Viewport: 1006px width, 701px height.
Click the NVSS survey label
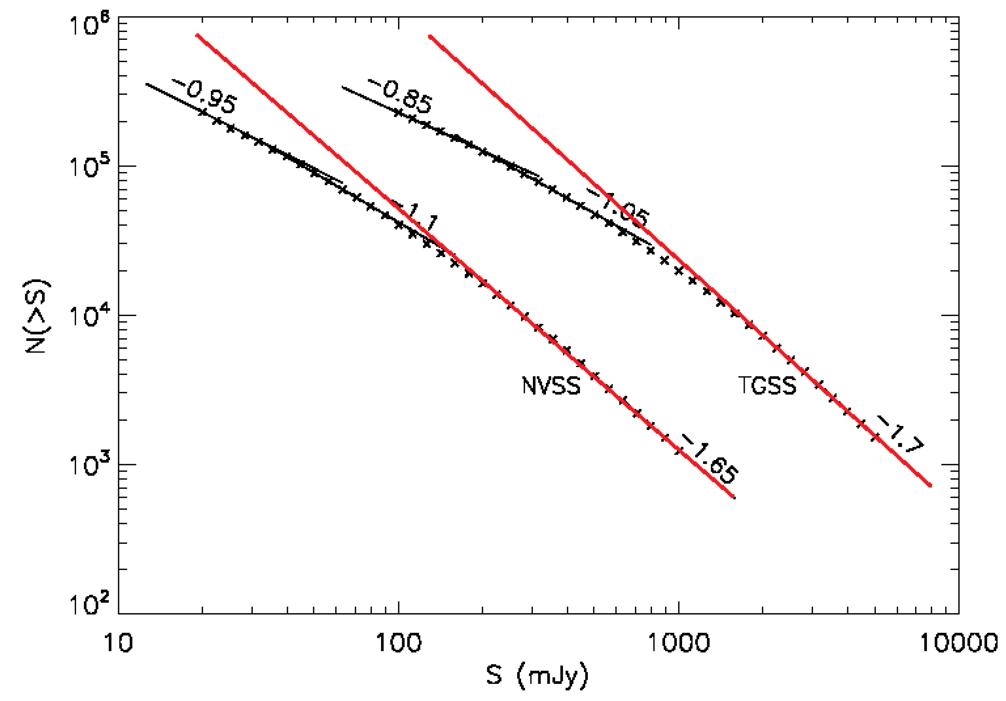551,386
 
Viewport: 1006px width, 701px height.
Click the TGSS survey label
767,386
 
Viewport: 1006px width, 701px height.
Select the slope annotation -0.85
401,97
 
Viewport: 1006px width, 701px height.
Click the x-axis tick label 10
118,643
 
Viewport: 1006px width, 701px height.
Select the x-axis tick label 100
398,643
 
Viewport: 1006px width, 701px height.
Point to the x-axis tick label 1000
678,643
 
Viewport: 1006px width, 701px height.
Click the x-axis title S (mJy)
537,675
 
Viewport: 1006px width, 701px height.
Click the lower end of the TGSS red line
930,485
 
